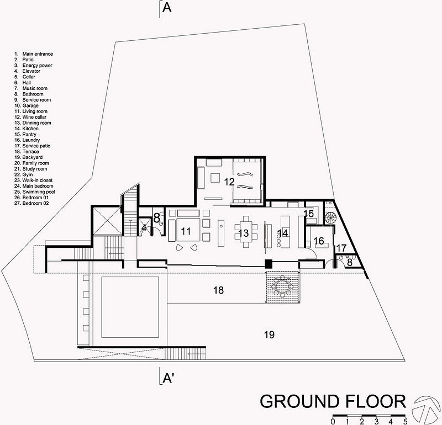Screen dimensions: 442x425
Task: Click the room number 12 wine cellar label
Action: pos(229,182)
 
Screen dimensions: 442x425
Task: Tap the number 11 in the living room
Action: pos(186,231)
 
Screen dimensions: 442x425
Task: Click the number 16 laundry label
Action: pos(319,241)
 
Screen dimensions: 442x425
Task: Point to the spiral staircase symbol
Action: pos(330,217)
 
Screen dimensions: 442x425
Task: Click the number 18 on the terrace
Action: pos(218,290)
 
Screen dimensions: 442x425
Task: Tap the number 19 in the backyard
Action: pos(269,334)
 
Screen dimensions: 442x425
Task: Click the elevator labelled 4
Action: pos(144,227)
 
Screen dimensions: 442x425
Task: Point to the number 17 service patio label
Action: pos(341,248)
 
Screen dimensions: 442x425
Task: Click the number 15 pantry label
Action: pos(309,214)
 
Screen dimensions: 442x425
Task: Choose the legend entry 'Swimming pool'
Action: pos(35,192)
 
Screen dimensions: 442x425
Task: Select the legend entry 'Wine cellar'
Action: pos(30,117)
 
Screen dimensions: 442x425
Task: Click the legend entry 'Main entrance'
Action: pos(34,54)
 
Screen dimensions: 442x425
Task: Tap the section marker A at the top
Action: pos(167,8)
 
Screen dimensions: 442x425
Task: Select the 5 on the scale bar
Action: pos(406,422)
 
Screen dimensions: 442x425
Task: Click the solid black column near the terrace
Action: pos(269,264)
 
